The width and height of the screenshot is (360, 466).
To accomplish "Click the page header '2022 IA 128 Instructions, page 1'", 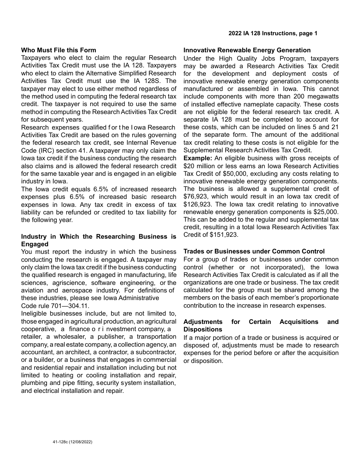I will pos(273,33).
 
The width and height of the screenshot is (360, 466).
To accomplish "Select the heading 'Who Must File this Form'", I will pos(59,50).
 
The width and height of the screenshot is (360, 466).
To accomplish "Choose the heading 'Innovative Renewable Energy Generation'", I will pos(247,50).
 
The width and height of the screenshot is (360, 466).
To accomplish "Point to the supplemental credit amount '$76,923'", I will pos(195,196).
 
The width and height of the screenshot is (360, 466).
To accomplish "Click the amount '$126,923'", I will pos(197,204).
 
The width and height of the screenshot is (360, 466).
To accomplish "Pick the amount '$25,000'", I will pos(326,212).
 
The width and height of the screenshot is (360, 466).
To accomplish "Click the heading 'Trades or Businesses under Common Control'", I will pos(254,251).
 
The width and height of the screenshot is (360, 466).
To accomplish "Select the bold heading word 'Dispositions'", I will pos(203,329).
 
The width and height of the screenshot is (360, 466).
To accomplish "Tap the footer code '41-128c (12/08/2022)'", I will pos(73,442).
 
